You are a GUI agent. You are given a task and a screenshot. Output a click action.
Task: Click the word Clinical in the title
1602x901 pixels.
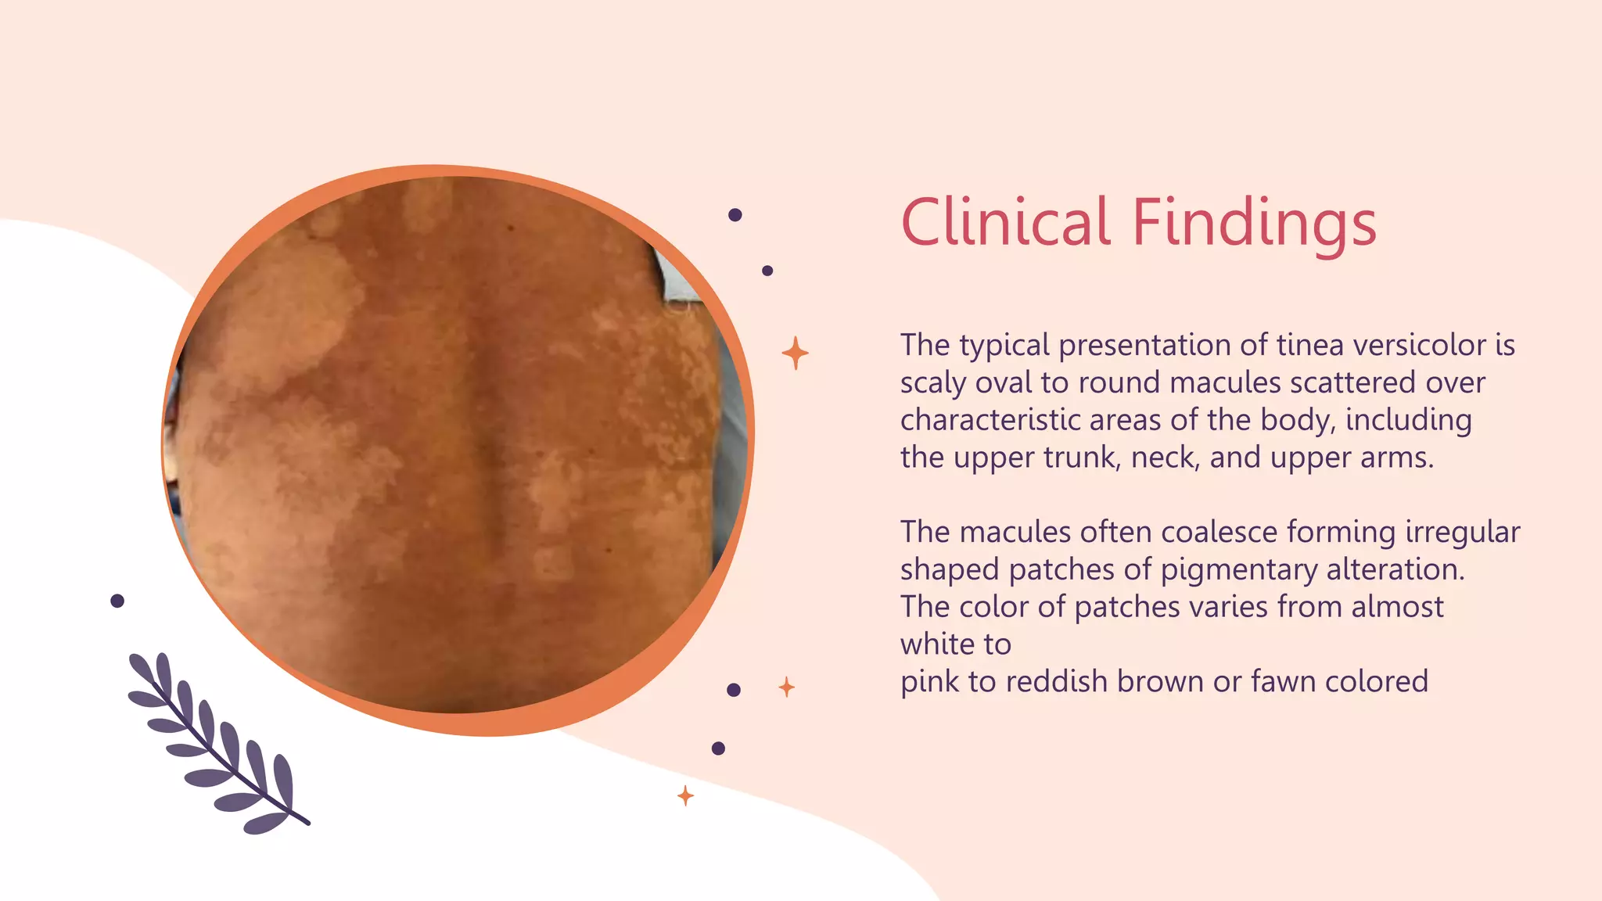1005,222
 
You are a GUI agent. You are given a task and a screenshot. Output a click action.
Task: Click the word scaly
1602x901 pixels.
933,383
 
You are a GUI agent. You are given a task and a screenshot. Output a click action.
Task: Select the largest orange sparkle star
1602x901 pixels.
795,353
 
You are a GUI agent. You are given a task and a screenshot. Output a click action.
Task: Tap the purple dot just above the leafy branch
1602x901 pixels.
117,601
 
